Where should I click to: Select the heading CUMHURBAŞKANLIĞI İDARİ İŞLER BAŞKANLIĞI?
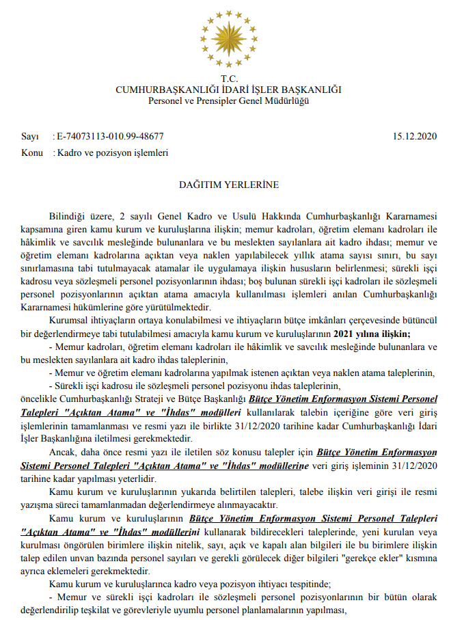228,90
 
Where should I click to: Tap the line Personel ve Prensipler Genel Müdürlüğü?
228,101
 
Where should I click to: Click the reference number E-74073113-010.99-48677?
110,137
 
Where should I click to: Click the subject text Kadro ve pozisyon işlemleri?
113,153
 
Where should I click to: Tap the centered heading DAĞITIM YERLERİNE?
228,185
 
